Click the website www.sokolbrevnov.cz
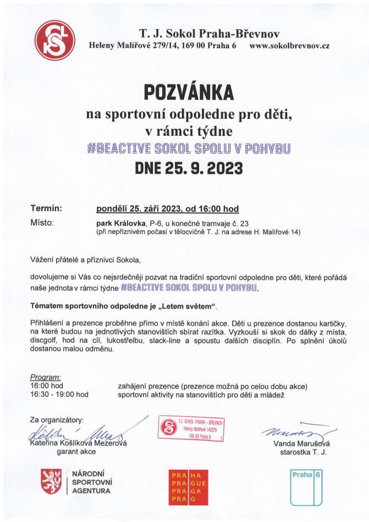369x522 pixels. (289, 46)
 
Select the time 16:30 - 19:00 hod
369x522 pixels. (59, 394)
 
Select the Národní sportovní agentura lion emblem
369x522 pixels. (51, 482)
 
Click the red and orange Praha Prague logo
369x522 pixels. (188, 485)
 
